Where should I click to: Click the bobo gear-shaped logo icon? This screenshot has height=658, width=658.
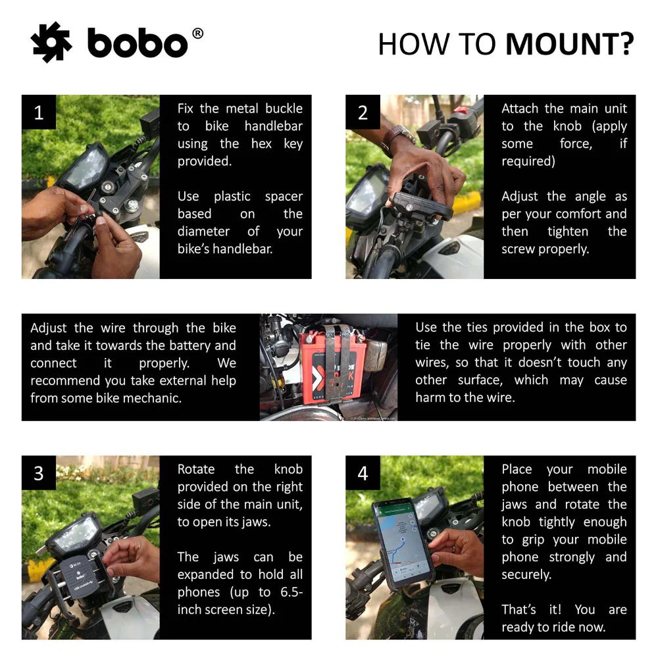(51, 42)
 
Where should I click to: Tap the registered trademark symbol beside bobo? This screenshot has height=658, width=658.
(197, 34)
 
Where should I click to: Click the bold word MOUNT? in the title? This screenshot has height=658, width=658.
(569, 44)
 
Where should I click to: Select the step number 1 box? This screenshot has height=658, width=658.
(39, 112)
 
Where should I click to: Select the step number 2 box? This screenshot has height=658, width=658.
(363, 112)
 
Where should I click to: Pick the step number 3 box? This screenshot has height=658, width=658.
(39, 473)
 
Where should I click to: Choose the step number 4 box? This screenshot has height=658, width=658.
(363, 473)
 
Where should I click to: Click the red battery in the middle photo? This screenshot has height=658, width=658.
(332, 368)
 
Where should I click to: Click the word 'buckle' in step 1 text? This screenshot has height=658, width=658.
(284, 109)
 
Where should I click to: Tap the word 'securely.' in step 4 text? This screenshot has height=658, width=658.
(526, 574)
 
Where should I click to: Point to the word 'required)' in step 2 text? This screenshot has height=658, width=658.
(528, 161)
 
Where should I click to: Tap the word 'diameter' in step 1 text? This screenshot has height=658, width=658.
(203, 231)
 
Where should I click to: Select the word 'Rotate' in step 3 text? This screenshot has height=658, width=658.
(196, 469)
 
